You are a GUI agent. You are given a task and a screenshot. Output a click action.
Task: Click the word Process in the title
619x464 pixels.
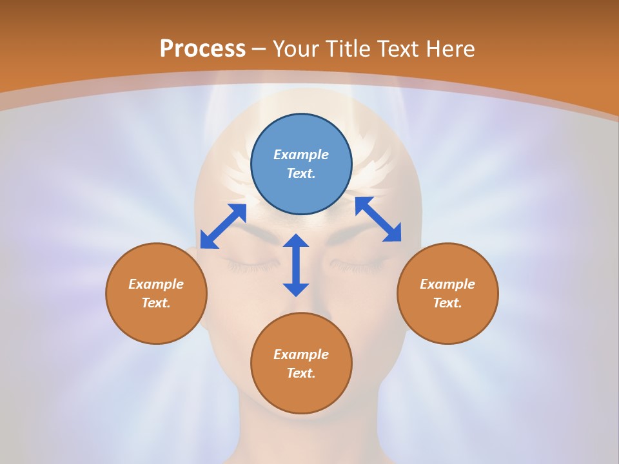[202, 49]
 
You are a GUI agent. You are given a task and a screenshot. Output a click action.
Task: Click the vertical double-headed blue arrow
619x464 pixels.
[296, 265]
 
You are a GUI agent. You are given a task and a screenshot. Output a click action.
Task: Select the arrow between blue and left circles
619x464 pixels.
[223, 226]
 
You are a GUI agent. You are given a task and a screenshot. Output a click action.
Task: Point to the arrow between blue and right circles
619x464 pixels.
[378, 219]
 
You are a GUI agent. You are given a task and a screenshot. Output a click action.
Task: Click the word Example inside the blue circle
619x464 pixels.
[301, 155]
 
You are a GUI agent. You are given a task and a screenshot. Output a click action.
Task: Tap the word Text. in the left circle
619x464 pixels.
[156, 303]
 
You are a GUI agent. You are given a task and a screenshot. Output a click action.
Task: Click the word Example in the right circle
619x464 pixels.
[447, 284]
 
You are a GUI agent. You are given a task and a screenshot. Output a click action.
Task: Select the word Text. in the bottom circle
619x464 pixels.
[301, 373]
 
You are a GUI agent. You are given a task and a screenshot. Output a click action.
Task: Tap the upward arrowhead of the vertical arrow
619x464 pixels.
[296, 240]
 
